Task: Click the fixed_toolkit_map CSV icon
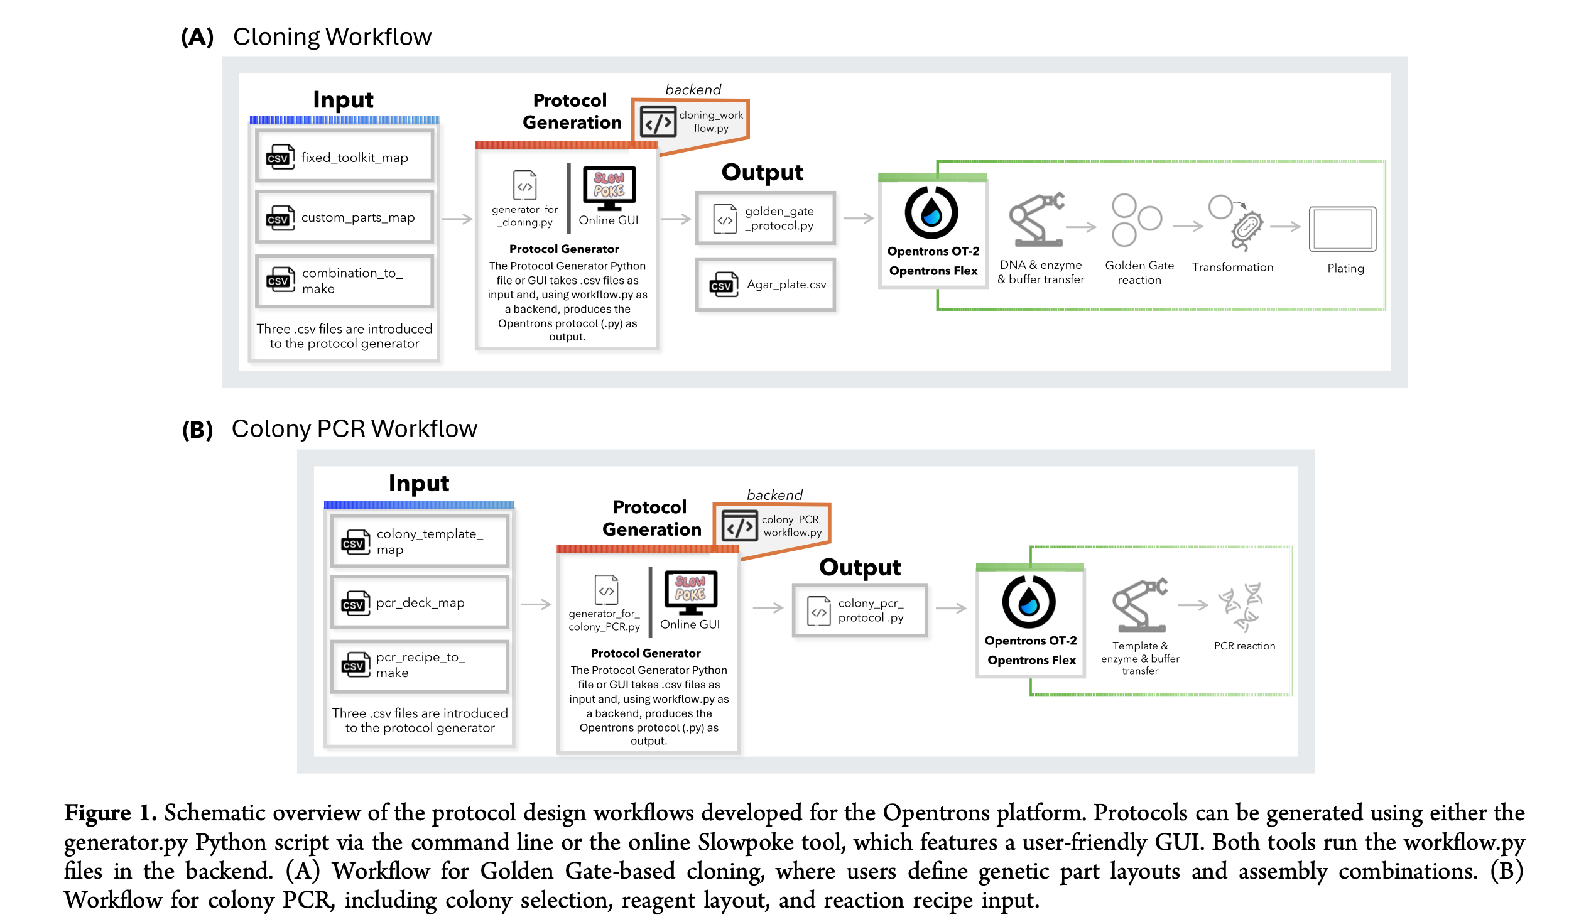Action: pyautogui.click(x=280, y=157)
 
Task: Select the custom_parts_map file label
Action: pyautogui.click(x=357, y=218)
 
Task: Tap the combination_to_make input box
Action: pyautogui.click(x=344, y=281)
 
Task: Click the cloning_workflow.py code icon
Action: pyautogui.click(x=658, y=121)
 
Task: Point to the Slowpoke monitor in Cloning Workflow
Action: pyautogui.click(x=609, y=187)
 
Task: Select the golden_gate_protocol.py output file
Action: pyautogui.click(x=765, y=219)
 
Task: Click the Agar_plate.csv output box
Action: pyautogui.click(x=765, y=285)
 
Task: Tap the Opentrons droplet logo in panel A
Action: pyautogui.click(x=931, y=212)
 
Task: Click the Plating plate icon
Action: pyautogui.click(x=1342, y=229)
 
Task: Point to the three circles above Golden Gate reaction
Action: pyautogui.click(x=1135, y=220)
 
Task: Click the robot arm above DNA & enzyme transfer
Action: pyautogui.click(x=1036, y=220)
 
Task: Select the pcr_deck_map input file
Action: pyautogui.click(x=420, y=603)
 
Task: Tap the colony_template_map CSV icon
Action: pyautogui.click(x=355, y=542)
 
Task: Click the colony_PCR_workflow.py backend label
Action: pyautogui.click(x=792, y=526)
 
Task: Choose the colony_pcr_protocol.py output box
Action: pyautogui.click(x=859, y=610)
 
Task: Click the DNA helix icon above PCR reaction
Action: pyautogui.click(x=1241, y=607)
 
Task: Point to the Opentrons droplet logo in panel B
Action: pyautogui.click(x=1028, y=602)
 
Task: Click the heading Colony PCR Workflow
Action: pyautogui.click(x=354, y=429)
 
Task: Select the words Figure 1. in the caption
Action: pyautogui.click(x=110, y=813)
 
